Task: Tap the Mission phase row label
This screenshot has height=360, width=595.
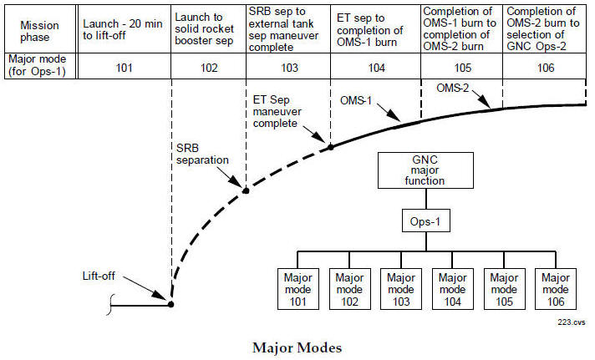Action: coord(39,32)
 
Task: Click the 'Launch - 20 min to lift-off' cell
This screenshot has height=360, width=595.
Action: coord(125,32)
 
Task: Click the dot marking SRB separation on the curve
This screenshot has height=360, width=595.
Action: coord(246,190)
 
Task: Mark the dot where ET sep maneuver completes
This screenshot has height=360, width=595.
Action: coord(330,147)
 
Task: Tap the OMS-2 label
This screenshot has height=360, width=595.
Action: coord(452,88)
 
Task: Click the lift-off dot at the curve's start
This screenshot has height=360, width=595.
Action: coord(171,305)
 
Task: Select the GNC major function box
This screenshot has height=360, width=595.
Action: coord(426,172)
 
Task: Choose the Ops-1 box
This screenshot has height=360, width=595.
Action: coord(426,222)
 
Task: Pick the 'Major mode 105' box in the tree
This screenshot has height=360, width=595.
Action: coord(502,286)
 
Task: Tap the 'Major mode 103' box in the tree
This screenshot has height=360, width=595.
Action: coord(401,286)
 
